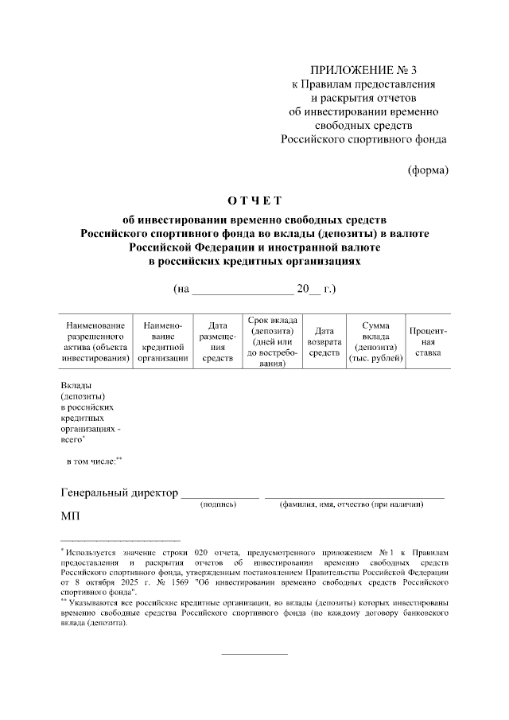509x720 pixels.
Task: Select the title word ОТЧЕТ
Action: coord(254,200)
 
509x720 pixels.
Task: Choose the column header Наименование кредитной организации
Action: coord(163,342)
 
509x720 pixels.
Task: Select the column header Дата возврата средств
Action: coord(324,342)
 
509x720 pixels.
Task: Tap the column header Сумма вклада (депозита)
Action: coord(375,342)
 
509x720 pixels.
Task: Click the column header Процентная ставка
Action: coord(428,342)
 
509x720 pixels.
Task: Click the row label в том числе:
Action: coord(93,461)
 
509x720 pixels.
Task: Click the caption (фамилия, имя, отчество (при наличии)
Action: coord(354,504)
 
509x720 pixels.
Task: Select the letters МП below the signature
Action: coord(71,517)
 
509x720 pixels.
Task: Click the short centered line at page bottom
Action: coord(254,654)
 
